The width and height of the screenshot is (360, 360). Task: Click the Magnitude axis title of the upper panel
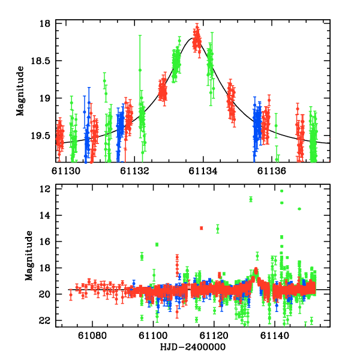[x=20, y=91]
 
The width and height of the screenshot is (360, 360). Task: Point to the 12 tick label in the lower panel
[x=44, y=188]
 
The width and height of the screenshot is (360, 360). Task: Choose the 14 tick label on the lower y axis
[x=44, y=215]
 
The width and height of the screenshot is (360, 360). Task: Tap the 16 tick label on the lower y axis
[x=44, y=241]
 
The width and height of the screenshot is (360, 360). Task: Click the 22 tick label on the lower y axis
[x=44, y=320]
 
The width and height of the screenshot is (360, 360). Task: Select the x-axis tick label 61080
[x=90, y=335]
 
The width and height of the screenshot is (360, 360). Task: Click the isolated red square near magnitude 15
[x=202, y=228]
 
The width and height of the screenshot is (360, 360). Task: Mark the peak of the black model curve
[x=195, y=38]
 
